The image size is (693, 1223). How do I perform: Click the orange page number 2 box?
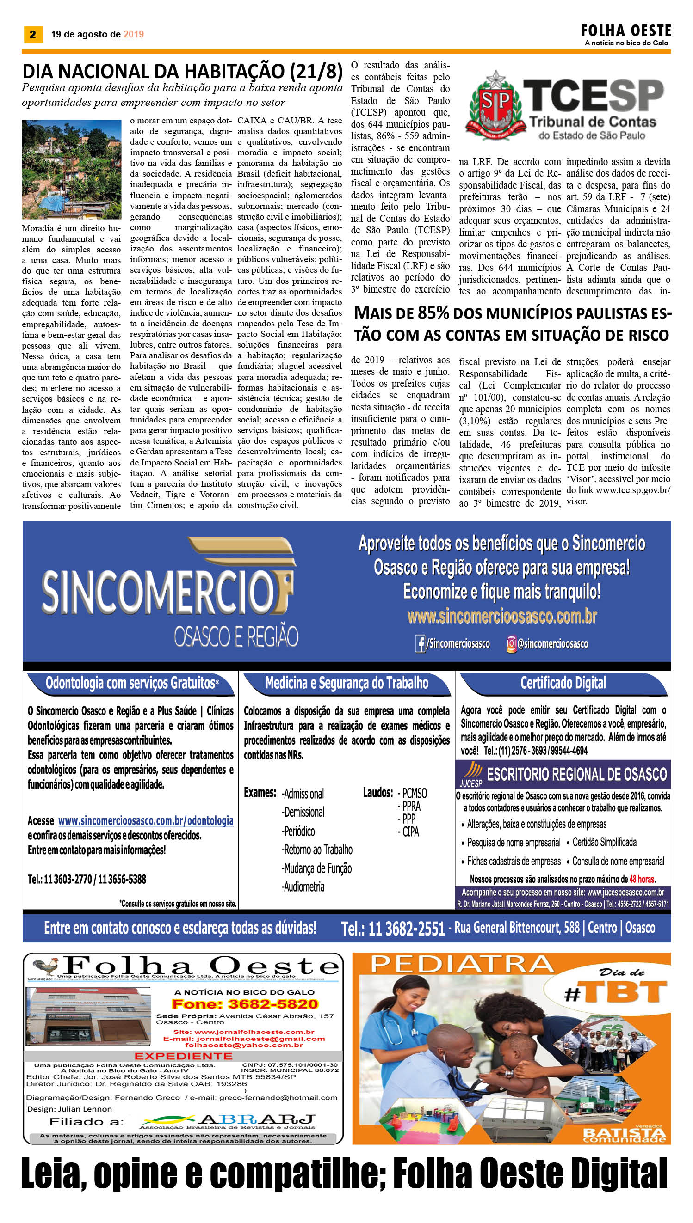33,34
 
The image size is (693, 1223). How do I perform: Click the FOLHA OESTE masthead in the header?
625,31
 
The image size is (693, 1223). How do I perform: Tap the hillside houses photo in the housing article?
71,169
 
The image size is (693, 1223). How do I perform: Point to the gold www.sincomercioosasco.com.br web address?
501,616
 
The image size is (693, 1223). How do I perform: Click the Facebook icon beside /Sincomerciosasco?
420,644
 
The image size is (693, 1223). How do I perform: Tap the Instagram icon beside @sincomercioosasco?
511,644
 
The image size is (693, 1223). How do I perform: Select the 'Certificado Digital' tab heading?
563,683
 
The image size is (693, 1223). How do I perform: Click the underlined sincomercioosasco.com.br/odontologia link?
146,821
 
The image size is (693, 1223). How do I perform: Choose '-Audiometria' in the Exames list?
303,887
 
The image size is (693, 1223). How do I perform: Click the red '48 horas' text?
642,879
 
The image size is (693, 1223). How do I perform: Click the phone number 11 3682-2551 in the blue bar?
393,928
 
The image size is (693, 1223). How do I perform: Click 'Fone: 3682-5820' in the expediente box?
245,1004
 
